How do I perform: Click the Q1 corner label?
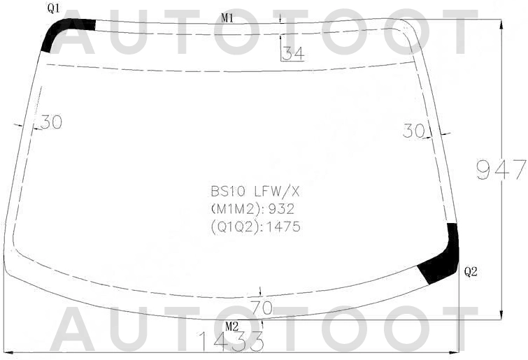pyautogui.click(x=54, y=9)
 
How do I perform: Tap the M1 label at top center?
pyautogui.click(x=227, y=18)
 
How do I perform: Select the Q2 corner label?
pyautogui.click(x=471, y=271)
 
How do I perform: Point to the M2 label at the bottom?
pyautogui.click(x=232, y=326)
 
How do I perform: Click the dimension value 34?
pyautogui.click(x=293, y=53)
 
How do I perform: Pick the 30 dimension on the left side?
pyautogui.click(x=51, y=122)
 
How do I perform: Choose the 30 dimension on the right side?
pyautogui.click(x=414, y=131)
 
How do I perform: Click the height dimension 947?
pyautogui.click(x=501, y=169)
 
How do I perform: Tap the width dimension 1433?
pyautogui.click(x=231, y=340)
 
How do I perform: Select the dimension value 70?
pyautogui.click(x=262, y=308)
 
